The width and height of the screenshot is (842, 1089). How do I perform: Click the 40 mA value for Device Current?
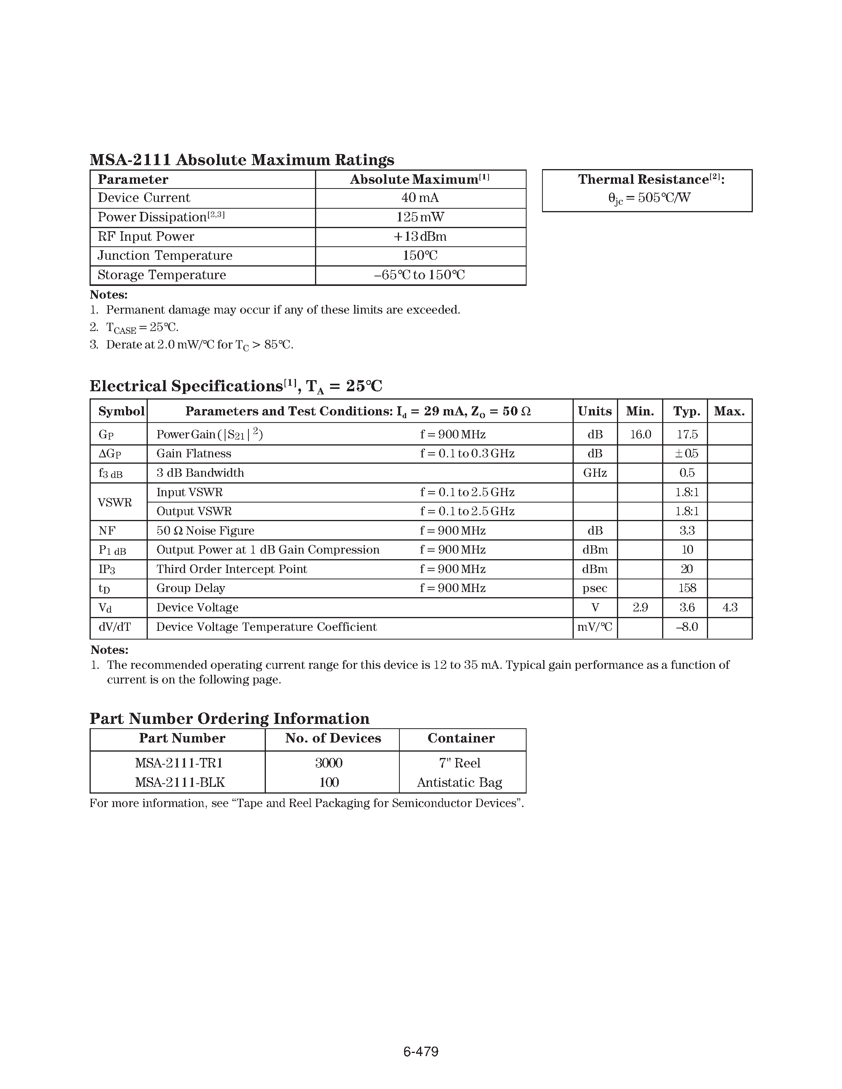pyautogui.click(x=420, y=198)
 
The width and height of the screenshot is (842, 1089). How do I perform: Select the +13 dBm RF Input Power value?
pyautogui.click(x=420, y=236)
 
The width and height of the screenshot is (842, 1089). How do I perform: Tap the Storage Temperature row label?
pyautogui.click(x=162, y=275)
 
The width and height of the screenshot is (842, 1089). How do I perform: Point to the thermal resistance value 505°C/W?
pyautogui.click(x=649, y=198)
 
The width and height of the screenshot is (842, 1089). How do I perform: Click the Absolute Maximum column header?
pyautogui.click(x=420, y=179)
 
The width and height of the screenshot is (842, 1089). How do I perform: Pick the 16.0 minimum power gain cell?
pyautogui.click(x=640, y=434)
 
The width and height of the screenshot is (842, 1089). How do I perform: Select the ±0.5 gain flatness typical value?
pyautogui.click(x=686, y=454)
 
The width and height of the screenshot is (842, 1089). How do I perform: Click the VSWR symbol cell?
pyautogui.click(x=115, y=502)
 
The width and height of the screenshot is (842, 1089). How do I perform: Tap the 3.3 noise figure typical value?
pyautogui.click(x=687, y=531)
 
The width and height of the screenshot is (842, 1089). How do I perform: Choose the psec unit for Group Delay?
pyautogui.click(x=595, y=588)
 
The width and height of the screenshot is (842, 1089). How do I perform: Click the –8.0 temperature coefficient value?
pyautogui.click(x=687, y=627)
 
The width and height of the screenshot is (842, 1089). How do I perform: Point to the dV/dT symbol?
pyautogui.click(x=115, y=627)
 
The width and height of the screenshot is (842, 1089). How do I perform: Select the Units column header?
pyautogui.click(x=595, y=411)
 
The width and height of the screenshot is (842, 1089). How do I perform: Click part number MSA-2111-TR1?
pyautogui.click(x=179, y=763)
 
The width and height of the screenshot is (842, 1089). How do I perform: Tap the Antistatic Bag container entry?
pyautogui.click(x=459, y=782)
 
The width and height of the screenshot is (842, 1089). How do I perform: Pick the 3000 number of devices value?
pyautogui.click(x=329, y=763)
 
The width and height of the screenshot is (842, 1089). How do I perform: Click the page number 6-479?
pyautogui.click(x=420, y=1052)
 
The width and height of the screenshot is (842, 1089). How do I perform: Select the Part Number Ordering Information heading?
pyautogui.click(x=229, y=718)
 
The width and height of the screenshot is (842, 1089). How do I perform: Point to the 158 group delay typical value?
pyautogui.click(x=687, y=588)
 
